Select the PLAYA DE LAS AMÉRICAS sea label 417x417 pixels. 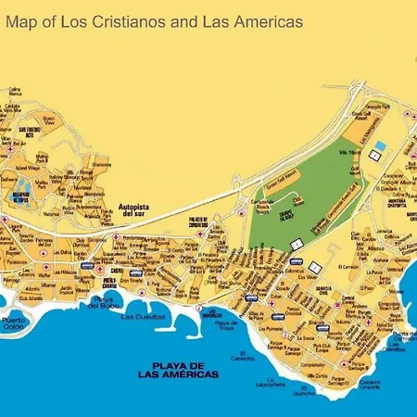pyautogui.click(x=175, y=369)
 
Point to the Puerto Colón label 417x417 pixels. pyautogui.click(x=15, y=325)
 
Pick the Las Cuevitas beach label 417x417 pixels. pyautogui.click(x=145, y=317)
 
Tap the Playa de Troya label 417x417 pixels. pyautogui.click(x=226, y=326)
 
